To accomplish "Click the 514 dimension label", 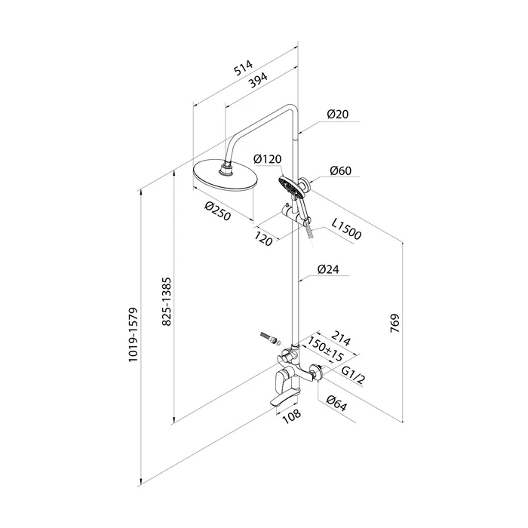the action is pyautogui.click(x=243, y=68).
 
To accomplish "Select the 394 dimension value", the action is pyautogui.click(x=258, y=80).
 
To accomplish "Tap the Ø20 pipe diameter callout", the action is pyautogui.click(x=338, y=114).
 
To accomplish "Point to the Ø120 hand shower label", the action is pyautogui.click(x=268, y=158).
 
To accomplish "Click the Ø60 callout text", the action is pyautogui.click(x=340, y=170).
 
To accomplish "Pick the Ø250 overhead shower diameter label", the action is pyautogui.click(x=218, y=211).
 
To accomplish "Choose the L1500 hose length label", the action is pyautogui.click(x=346, y=229).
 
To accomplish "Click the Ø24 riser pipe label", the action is pyautogui.click(x=328, y=269).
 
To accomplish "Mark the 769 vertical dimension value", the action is pyautogui.click(x=394, y=324).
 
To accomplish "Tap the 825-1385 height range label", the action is pyautogui.click(x=167, y=302).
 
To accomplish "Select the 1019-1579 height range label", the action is pyautogui.click(x=134, y=335).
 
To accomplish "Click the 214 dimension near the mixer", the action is pyautogui.click(x=341, y=338).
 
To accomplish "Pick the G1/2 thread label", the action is pyautogui.click(x=353, y=375).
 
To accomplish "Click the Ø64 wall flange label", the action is pyautogui.click(x=336, y=403).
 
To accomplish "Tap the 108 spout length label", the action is pyautogui.click(x=292, y=416).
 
